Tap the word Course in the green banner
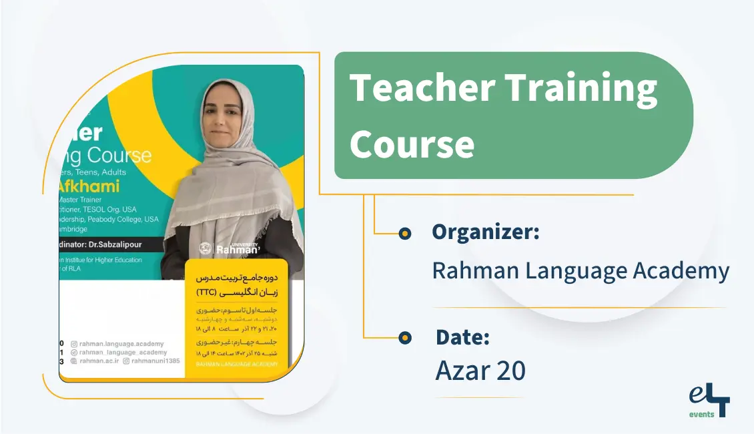pos(412,142)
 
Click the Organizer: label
pos(485,232)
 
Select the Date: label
pos(462,337)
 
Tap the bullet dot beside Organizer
pos(404,233)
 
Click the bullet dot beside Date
pos(404,338)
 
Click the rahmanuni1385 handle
pos(155,361)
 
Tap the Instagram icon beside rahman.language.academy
pos(74,344)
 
